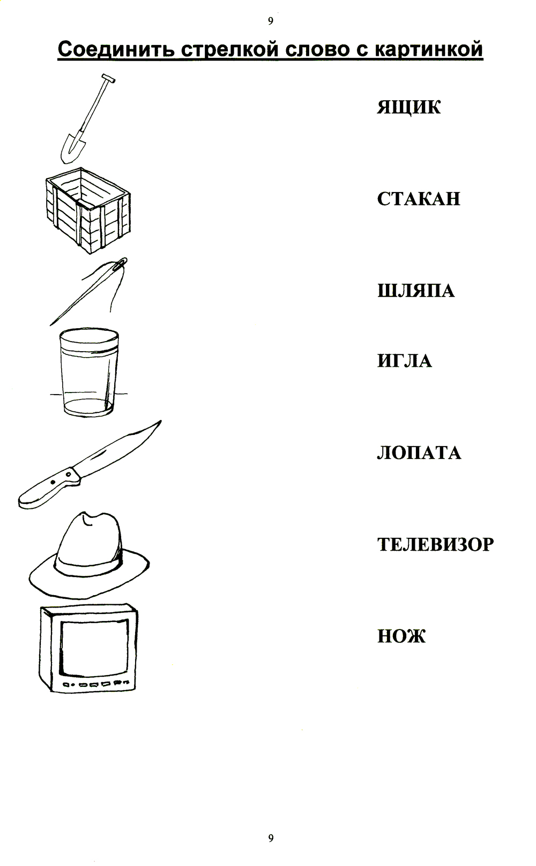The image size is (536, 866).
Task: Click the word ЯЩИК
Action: click(x=408, y=107)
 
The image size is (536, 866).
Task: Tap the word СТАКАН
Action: click(x=419, y=199)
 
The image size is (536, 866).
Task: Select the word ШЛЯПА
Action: click(x=416, y=291)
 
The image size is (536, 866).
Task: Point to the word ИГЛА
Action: click(x=404, y=361)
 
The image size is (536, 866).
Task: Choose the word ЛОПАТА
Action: click(x=419, y=453)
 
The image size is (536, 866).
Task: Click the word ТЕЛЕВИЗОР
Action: click(x=436, y=544)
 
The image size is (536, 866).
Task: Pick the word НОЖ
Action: click(x=401, y=636)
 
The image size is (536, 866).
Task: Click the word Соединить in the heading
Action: click(x=116, y=49)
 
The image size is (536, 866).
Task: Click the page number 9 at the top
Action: click(x=271, y=21)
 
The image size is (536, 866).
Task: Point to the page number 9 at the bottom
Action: click(x=271, y=838)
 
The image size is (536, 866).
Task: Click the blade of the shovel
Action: click(x=72, y=147)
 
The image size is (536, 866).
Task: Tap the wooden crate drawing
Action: click(x=88, y=211)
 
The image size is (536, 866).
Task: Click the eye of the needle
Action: click(x=121, y=263)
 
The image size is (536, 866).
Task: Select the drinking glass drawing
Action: click(x=89, y=373)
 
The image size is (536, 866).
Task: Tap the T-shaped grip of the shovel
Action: click(x=109, y=78)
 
